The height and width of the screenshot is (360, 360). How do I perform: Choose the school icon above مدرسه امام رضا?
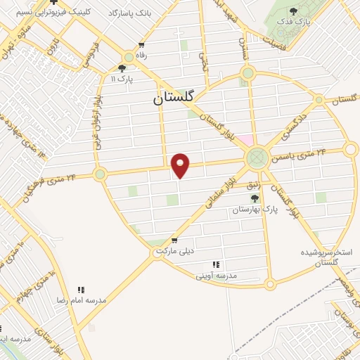click(x=82, y=288)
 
